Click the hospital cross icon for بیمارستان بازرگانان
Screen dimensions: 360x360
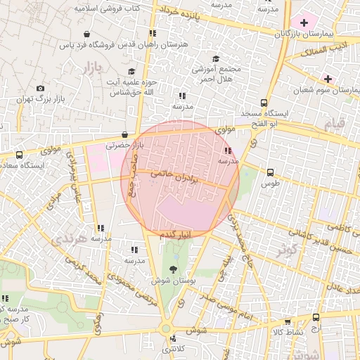pos(304,22)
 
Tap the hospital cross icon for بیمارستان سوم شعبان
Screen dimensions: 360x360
pos(328,78)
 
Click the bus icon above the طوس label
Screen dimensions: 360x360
pos(270,172)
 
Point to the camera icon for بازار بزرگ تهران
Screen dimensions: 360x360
pos(40,89)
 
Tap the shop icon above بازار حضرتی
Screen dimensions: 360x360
pos(124,134)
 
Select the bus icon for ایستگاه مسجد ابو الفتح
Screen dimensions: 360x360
pos(264,103)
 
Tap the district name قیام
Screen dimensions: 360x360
pos(335,123)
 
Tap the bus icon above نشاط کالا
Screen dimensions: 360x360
pos(316,318)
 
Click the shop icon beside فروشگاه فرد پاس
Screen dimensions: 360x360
pos(86,34)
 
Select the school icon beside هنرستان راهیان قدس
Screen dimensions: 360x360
pos(152,33)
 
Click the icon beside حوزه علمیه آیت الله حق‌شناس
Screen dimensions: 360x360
pos(131,71)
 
